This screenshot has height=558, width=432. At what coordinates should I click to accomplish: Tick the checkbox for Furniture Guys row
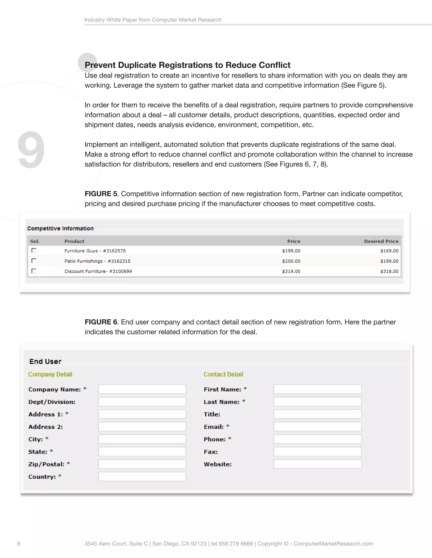pyautogui.click(x=34, y=250)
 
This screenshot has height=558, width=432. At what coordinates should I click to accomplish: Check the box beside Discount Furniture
pyautogui.click(x=34, y=271)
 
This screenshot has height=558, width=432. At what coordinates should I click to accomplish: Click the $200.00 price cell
pyautogui.click(x=291, y=261)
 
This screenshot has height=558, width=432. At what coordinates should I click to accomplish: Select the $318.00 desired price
pyautogui.click(x=389, y=271)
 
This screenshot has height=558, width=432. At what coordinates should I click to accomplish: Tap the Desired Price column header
pyautogui.click(x=381, y=241)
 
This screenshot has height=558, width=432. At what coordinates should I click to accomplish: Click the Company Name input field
pyautogui.click(x=142, y=389)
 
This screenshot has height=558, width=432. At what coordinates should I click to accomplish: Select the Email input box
pyautogui.click(x=317, y=427)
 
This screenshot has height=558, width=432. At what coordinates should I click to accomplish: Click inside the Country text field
pyautogui.click(x=142, y=477)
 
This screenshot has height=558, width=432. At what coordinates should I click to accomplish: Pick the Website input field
pyautogui.click(x=317, y=464)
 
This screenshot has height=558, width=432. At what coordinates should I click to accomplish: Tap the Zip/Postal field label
pyautogui.click(x=46, y=464)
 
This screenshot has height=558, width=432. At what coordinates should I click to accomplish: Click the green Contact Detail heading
pyautogui.click(x=223, y=374)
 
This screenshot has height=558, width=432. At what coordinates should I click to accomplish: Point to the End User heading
pyautogui.click(x=45, y=362)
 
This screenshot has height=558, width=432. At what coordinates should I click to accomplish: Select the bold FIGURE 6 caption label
pyautogui.click(x=101, y=322)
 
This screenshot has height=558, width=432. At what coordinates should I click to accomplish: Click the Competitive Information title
pyautogui.click(x=60, y=228)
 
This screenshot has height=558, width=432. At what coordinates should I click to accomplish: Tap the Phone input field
pyautogui.click(x=317, y=439)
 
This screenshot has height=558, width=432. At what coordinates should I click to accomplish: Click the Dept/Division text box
pyautogui.click(x=142, y=402)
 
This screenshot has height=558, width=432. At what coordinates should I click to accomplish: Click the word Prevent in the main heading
pyautogui.click(x=100, y=65)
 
